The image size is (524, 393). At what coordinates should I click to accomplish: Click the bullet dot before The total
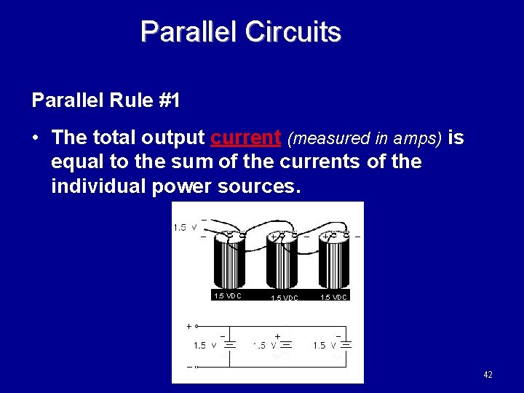click(38, 138)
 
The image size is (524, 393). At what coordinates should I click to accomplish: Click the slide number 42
click(488, 374)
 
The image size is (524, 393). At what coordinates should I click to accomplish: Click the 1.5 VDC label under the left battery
click(227, 295)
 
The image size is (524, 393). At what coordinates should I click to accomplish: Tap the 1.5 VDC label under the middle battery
click(284, 298)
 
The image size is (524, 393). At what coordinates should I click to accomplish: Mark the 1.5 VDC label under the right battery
click(333, 297)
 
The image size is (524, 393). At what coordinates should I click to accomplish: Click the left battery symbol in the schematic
click(229, 345)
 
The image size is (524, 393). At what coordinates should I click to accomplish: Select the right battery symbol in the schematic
click(346, 345)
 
